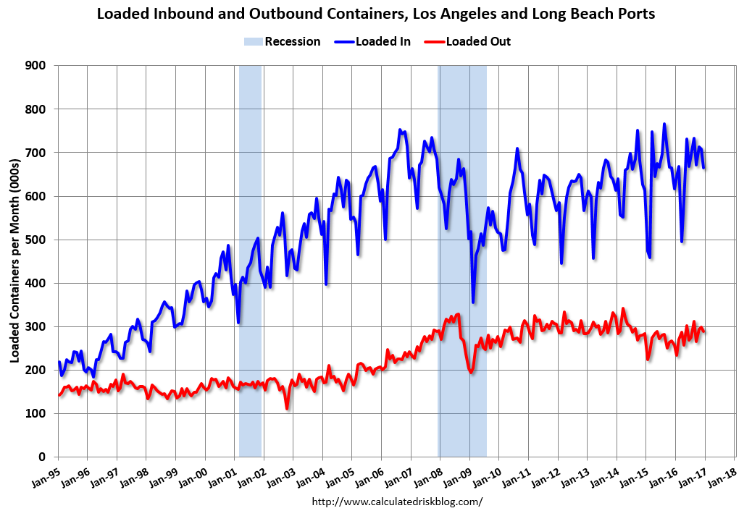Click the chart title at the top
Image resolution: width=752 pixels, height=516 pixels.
(x=375, y=14)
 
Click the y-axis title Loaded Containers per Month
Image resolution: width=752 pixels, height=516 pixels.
(x=14, y=261)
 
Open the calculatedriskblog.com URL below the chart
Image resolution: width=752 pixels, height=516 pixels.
(x=396, y=501)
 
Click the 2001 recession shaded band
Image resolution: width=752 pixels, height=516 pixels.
(x=250, y=261)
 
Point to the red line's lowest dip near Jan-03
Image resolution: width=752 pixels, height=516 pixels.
(x=287, y=409)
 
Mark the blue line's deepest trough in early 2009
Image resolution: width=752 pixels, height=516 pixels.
(x=473, y=302)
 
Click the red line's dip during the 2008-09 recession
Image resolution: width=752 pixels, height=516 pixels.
(x=471, y=372)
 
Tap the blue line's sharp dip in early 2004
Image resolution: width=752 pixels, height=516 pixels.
(x=326, y=284)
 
